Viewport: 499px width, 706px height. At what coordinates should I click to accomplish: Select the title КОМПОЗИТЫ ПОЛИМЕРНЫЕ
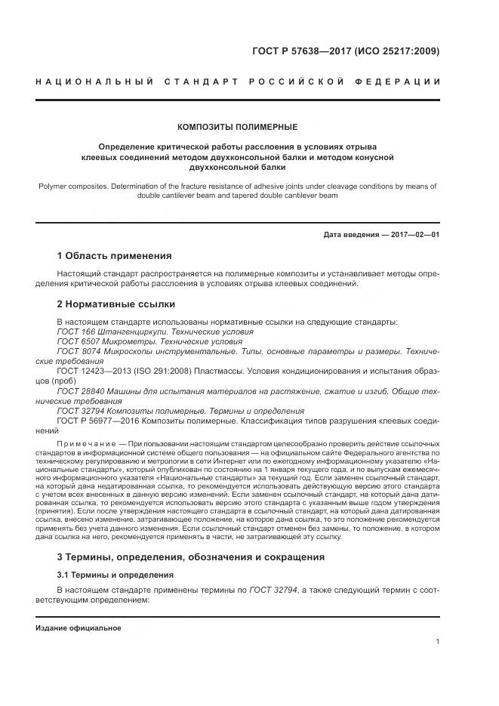(237, 127)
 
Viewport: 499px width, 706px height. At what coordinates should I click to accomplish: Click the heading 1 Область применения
(114, 256)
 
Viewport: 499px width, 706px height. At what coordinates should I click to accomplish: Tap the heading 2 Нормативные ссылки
(116, 304)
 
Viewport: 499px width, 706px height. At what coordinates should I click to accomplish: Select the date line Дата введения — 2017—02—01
(381, 235)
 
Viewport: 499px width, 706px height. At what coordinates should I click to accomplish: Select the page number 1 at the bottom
(438, 642)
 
